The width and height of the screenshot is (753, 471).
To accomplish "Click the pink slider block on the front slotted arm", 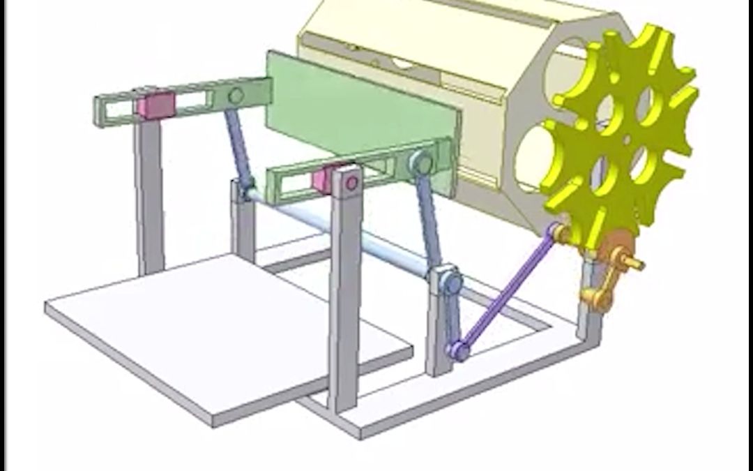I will coord(323,179).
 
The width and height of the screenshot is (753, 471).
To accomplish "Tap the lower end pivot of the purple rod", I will coord(458,350).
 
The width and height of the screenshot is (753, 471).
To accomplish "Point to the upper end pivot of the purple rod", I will coord(556,231).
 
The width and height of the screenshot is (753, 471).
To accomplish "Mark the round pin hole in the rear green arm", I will coord(236,95).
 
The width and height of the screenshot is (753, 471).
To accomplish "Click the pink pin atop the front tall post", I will coord(351,184).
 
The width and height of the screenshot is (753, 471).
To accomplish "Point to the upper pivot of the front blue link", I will coord(420,163).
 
